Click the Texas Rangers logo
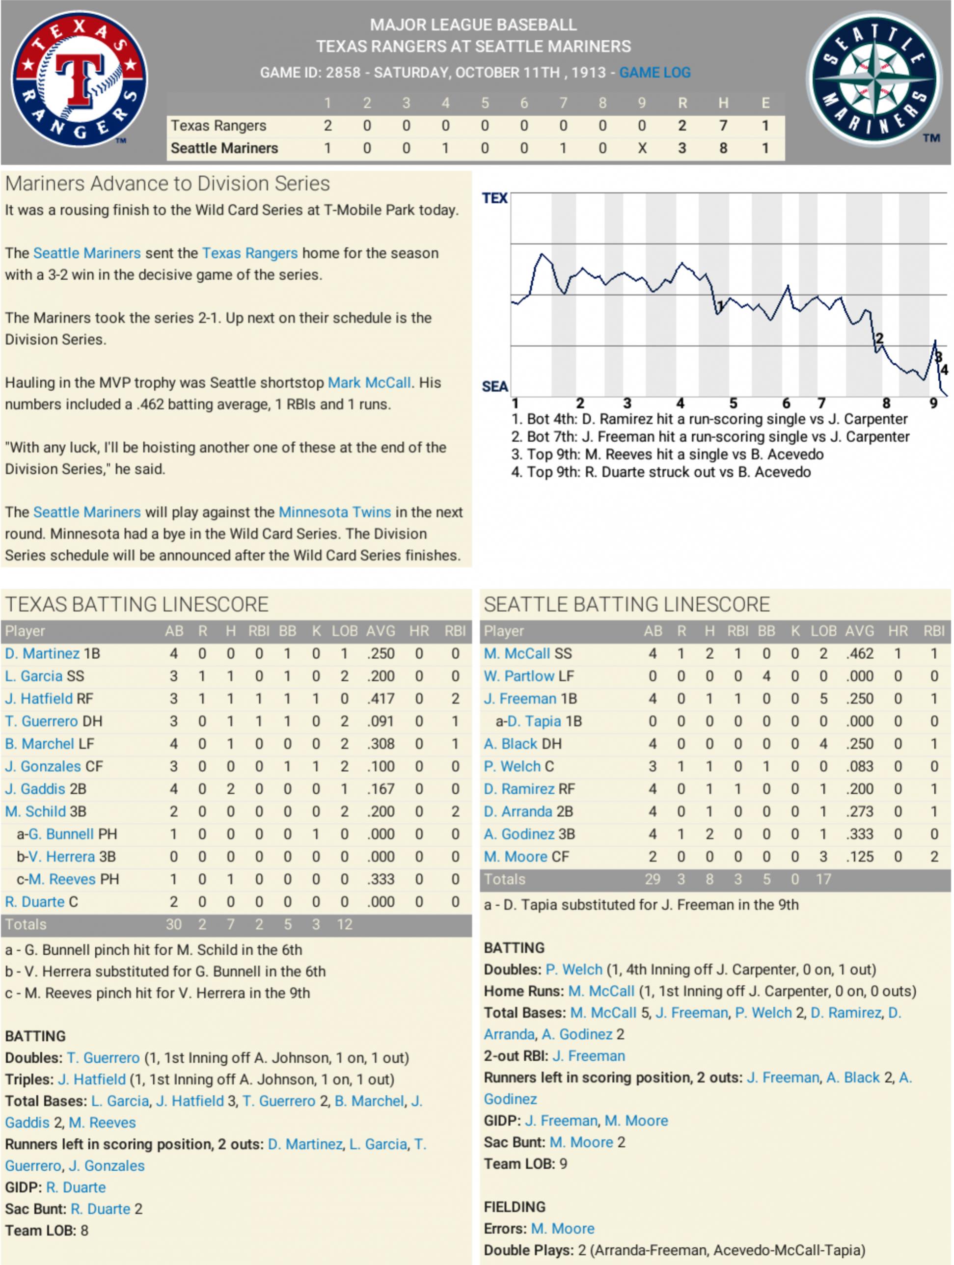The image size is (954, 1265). click(x=79, y=79)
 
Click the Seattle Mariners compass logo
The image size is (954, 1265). click(x=873, y=79)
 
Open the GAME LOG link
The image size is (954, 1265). click(x=654, y=73)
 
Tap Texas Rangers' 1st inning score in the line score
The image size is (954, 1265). click(x=327, y=125)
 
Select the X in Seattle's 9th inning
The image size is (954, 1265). click(x=642, y=148)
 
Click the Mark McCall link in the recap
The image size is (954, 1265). click(x=369, y=382)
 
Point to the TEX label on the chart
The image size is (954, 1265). click(x=494, y=198)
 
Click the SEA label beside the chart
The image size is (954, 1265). click(x=494, y=387)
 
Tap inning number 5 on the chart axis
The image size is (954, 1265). click(x=733, y=403)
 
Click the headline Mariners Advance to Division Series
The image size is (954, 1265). click(x=167, y=184)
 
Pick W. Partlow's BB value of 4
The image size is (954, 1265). click(x=766, y=676)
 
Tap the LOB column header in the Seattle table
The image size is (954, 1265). click(x=823, y=631)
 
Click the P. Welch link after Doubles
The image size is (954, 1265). click(x=573, y=969)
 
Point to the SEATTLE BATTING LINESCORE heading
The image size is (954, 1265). click(x=627, y=604)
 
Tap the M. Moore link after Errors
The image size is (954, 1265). click(x=562, y=1228)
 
